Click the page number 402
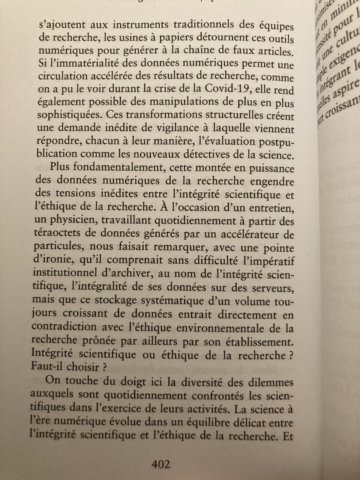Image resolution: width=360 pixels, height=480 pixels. (x=160, y=465)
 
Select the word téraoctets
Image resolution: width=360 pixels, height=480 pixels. (x=57, y=235)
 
